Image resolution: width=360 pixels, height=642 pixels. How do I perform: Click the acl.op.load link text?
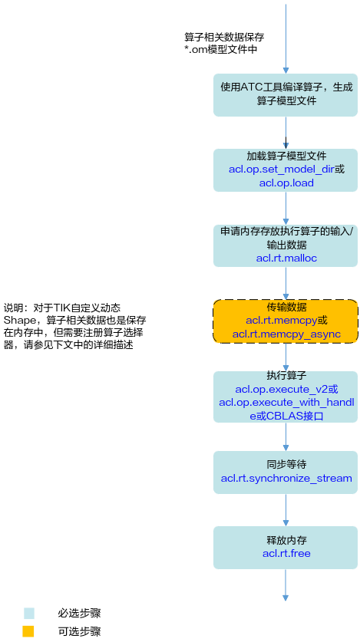pyautogui.click(x=286, y=183)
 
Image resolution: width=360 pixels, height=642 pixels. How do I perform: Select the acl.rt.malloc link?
pyautogui.click(x=286, y=258)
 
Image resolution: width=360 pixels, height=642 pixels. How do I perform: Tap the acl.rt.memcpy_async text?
pyautogui.click(x=286, y=334)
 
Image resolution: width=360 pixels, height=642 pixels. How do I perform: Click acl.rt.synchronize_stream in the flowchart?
pyautogui.click(x=286, y=478)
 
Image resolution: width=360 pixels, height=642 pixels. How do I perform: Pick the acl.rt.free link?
pyautogui.click(x=286, y=554)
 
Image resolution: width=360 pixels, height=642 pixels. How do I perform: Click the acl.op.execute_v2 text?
pyautogui.click(x=281, y=390)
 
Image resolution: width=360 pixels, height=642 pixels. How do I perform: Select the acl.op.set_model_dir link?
pyautogui.click(x=282, y=169)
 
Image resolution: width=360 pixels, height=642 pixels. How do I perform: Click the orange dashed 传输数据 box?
pyautogui.click(x=286, y=321)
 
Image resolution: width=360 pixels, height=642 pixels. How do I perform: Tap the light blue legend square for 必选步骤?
pyautogui.click(x=29, y=614)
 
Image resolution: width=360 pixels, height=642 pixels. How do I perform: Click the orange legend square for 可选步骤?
pyautogui.click(x=28, y=631)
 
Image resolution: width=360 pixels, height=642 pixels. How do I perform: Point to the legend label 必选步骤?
pyautogui.click(x=79, y=614)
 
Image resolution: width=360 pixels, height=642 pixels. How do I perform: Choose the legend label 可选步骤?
pyautogui.click(x=79, y=631)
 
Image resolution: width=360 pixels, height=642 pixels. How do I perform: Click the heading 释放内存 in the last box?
pyautogui.click(x=286, y=540)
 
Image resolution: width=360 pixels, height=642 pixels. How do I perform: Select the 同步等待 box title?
pyautogui.click(x=286, y=465)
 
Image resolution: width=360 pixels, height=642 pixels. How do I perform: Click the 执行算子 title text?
pyautogui.click(x=286, y=375)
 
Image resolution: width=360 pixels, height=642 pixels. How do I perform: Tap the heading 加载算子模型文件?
pyautogui.click(x=286, y=156)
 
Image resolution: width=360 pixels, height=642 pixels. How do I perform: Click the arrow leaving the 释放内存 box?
pyautogui.click(x=286, y=585)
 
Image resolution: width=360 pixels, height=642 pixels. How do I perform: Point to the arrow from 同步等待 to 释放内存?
pyautogui.click(x=286, y=510)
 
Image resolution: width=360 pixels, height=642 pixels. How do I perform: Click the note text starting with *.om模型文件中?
pyautogui.click(x=221, y=50)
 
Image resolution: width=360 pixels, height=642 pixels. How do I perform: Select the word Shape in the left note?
pyautogui.click(x=20, y=320)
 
